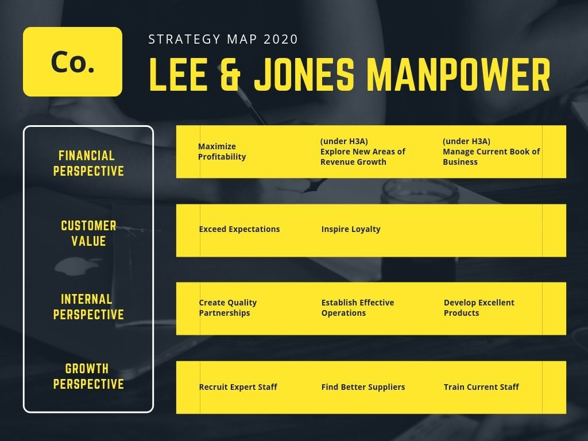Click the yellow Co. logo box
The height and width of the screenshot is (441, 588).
coord(72,61)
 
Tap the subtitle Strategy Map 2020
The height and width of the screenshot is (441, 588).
coord(223,40)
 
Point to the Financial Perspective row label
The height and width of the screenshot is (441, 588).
coord(88,163)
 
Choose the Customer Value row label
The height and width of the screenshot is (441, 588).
coord(88,233)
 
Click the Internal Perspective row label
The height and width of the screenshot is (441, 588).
coord(88,307)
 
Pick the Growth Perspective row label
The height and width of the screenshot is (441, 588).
coord(88,376)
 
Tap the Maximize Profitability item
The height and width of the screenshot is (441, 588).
coord(222,152)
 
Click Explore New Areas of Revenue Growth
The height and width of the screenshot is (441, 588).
coord(363,152)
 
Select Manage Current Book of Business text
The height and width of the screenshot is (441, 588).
coord(491,152)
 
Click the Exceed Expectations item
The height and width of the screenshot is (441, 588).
coord(239,229)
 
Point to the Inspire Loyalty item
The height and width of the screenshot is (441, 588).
coord(351,229)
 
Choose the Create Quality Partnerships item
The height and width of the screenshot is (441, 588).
coord(228,308)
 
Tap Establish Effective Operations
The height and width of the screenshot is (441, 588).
coord(358,308)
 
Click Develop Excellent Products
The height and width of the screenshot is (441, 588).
coord(479,308)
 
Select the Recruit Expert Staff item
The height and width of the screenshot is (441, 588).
coord(238,387)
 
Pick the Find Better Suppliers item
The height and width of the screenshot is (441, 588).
coord(363,387)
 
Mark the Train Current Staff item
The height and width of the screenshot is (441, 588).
coord(481,387)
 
